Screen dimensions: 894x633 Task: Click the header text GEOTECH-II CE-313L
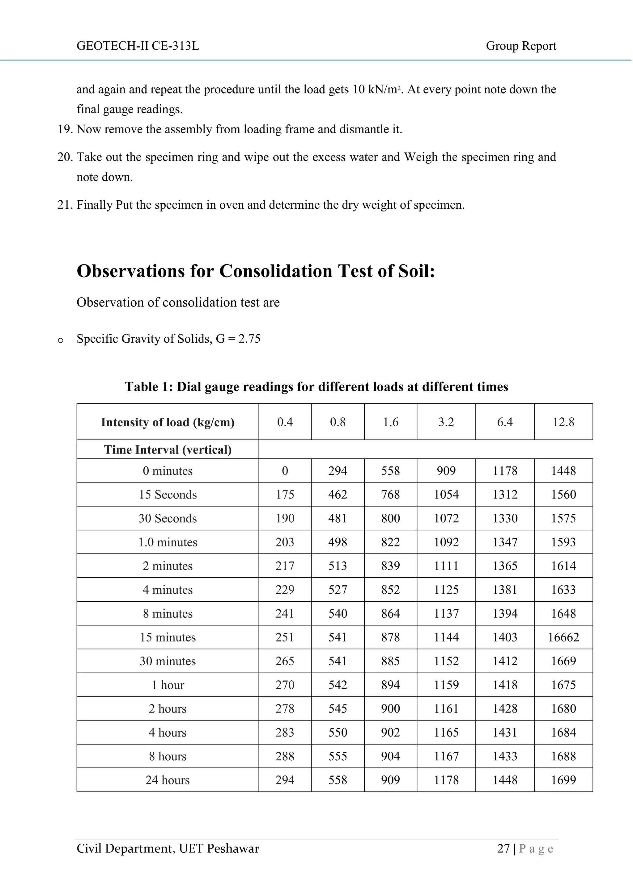click(138, 46)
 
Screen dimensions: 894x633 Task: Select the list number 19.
click(65, 129)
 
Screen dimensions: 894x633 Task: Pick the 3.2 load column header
click(446, 422)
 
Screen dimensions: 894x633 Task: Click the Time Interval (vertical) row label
click(168, 450)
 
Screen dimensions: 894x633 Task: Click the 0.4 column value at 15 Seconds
click(285, 495)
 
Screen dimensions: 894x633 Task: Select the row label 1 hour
click(168, 685)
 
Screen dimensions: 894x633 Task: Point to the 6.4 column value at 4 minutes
click(504, 590)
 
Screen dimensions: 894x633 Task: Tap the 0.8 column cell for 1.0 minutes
click(337, 542)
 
